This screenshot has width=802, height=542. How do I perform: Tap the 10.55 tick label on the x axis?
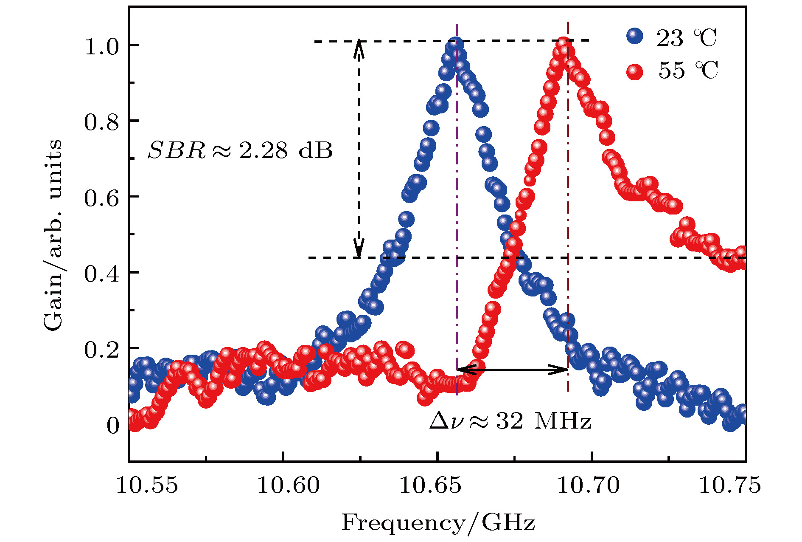coord(147,485)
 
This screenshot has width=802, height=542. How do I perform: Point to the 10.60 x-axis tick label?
coord(289,485)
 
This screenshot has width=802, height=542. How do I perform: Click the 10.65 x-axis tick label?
coord(430,485)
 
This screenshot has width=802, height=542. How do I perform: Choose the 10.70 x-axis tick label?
coord(589,485)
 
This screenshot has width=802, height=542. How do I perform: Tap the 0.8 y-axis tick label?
coord(102,122)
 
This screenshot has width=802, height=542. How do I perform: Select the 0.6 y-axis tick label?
coord(102,198)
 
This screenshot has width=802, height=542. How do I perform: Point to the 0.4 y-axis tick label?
coord(102,274)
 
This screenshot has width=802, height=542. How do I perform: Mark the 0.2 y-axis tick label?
coord(102,350)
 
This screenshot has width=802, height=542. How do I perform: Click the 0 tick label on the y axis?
coord(113,426)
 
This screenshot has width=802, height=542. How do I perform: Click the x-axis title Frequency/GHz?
coord(438,523)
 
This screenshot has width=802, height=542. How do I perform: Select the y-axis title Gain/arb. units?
coord(53,234)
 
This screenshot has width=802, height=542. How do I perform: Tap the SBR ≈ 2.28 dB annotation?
coord(240,150)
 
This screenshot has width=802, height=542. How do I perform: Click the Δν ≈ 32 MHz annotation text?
coord(510,421)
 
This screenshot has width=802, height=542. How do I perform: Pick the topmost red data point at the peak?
coord(563,44)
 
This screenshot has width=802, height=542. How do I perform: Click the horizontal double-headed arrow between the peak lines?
coord(513,370)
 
